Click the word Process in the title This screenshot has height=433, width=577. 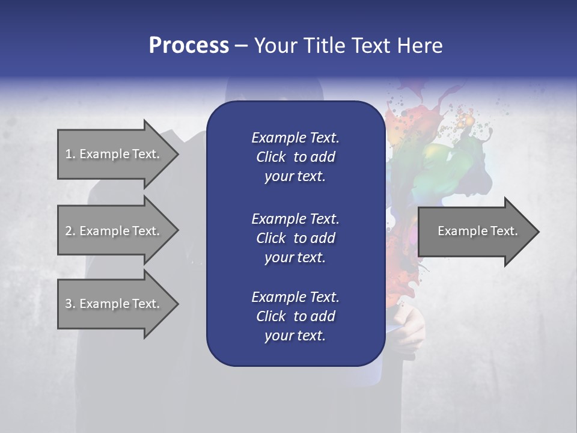pyautogui.click(x=189, y=46)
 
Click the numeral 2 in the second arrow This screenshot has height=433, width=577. pyautogui.click(x=69, y=231)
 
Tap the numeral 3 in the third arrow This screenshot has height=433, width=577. pyautogui.click(x=69, y=304)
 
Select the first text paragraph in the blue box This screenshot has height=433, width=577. pyautogui.click(x=295, y=157)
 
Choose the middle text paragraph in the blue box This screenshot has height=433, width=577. pyautogui.click(x=295, y=238)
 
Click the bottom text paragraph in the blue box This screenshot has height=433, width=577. pyautogui.click(x=295, y=316)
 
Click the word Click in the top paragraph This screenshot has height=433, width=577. pyautogui.click(x=271, y=157)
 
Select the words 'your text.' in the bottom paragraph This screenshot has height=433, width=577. pyautogui.click(x=295, y=336)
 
